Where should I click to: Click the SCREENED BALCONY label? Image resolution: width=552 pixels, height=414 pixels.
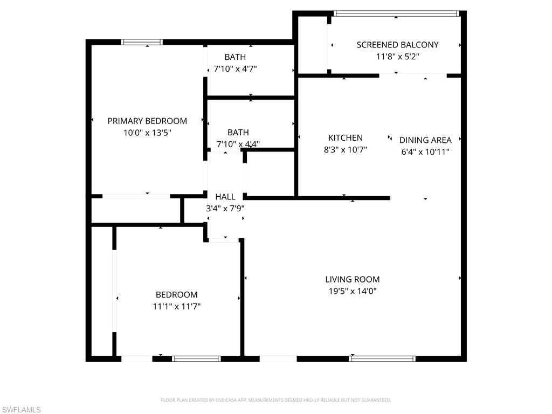coord(397,45)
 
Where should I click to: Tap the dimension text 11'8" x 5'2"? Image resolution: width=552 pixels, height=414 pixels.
coord(397,56)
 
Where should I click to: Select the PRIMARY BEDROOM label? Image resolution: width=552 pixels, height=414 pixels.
coord(147,121)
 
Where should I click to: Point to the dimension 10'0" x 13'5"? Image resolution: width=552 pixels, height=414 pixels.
coord(147,132)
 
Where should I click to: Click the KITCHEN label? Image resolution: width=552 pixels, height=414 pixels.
coord(346,138)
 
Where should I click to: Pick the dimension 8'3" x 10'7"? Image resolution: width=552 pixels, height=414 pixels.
coord(346,150)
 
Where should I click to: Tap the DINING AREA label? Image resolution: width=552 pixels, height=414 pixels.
coord(425,140)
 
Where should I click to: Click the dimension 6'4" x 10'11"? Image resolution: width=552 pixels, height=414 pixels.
coord(425,151)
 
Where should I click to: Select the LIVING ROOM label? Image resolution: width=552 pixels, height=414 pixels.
coord(353,279)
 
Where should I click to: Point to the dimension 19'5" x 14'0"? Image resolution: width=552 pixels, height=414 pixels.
coord(353,291)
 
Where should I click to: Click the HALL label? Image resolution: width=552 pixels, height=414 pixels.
coord(225,197)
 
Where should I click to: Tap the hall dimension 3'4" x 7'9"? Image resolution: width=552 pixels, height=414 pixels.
coord(225,208)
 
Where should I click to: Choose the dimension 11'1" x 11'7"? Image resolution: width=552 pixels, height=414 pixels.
coord(177,306)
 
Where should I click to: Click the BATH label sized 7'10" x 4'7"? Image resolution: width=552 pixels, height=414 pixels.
coord(235,57)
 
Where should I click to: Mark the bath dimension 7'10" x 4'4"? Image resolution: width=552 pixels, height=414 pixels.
coord(238,144)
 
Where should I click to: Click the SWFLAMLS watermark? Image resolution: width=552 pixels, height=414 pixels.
coord(21,410)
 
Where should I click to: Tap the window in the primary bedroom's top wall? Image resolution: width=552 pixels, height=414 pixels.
coord(142,42)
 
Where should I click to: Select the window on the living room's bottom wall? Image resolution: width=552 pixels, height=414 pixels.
coord(383,358)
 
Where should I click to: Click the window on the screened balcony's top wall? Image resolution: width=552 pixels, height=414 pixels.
coord(396,13)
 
